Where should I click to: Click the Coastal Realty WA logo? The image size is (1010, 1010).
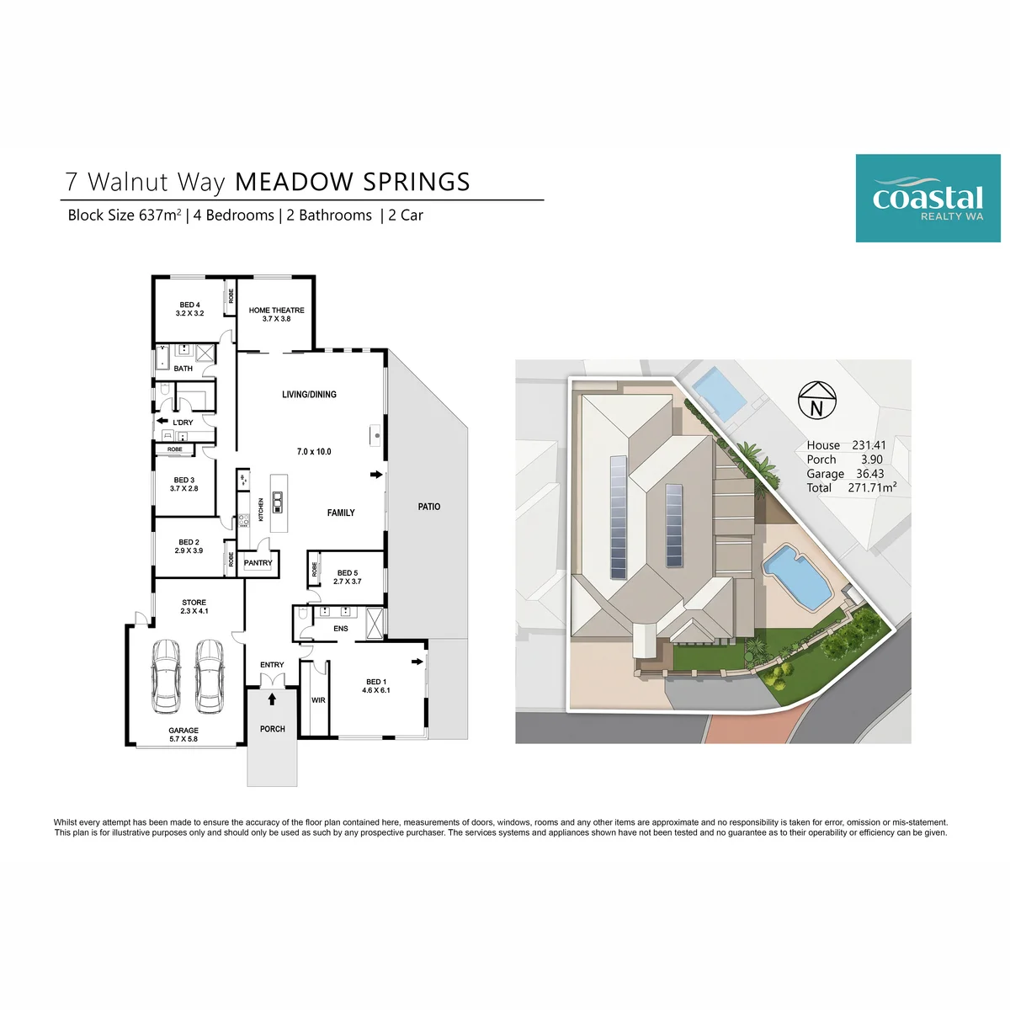coord(928,198)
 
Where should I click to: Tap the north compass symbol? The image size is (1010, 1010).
coord(816,400)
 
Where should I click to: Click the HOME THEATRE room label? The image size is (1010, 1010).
coord(276,311)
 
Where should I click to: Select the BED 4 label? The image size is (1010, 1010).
coord(189,305)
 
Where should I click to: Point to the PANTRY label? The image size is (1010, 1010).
coord(258,563)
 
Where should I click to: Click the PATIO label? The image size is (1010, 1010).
coord(428,507)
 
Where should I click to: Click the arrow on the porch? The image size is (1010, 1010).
coord(272,699)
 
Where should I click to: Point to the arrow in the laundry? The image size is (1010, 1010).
coord(162,420)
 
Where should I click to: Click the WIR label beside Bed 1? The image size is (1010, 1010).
coord(318,700)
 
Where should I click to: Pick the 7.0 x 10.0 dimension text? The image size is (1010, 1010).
coord(314,452)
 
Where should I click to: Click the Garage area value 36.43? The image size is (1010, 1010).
coord(870,474)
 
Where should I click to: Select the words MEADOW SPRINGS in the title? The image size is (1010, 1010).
coord(352,182)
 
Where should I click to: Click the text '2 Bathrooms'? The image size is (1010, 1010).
coord(329,215)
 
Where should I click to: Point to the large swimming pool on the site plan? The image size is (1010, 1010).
coord(797,577)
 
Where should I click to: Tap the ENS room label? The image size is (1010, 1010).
coord(341,629)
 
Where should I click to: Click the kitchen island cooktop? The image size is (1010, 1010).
coord(278,502)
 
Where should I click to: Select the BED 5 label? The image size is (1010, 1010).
coord(348,573)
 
